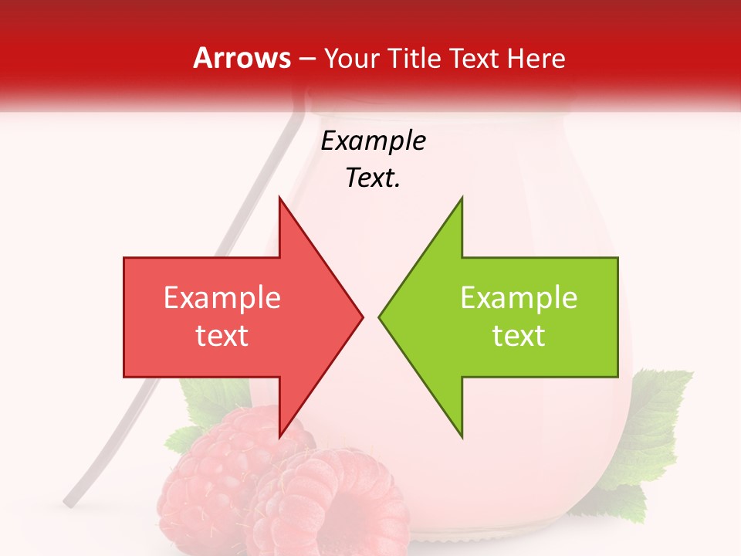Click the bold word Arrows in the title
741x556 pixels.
242,58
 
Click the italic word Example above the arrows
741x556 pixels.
374,141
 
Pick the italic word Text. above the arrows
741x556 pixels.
374,178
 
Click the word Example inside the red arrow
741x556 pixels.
222,298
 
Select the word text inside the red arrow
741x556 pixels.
222,336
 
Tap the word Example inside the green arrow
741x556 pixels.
519,298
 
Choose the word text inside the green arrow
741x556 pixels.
519,336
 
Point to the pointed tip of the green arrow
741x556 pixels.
380,317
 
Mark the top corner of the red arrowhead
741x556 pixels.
279,198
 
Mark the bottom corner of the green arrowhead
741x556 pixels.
462,436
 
